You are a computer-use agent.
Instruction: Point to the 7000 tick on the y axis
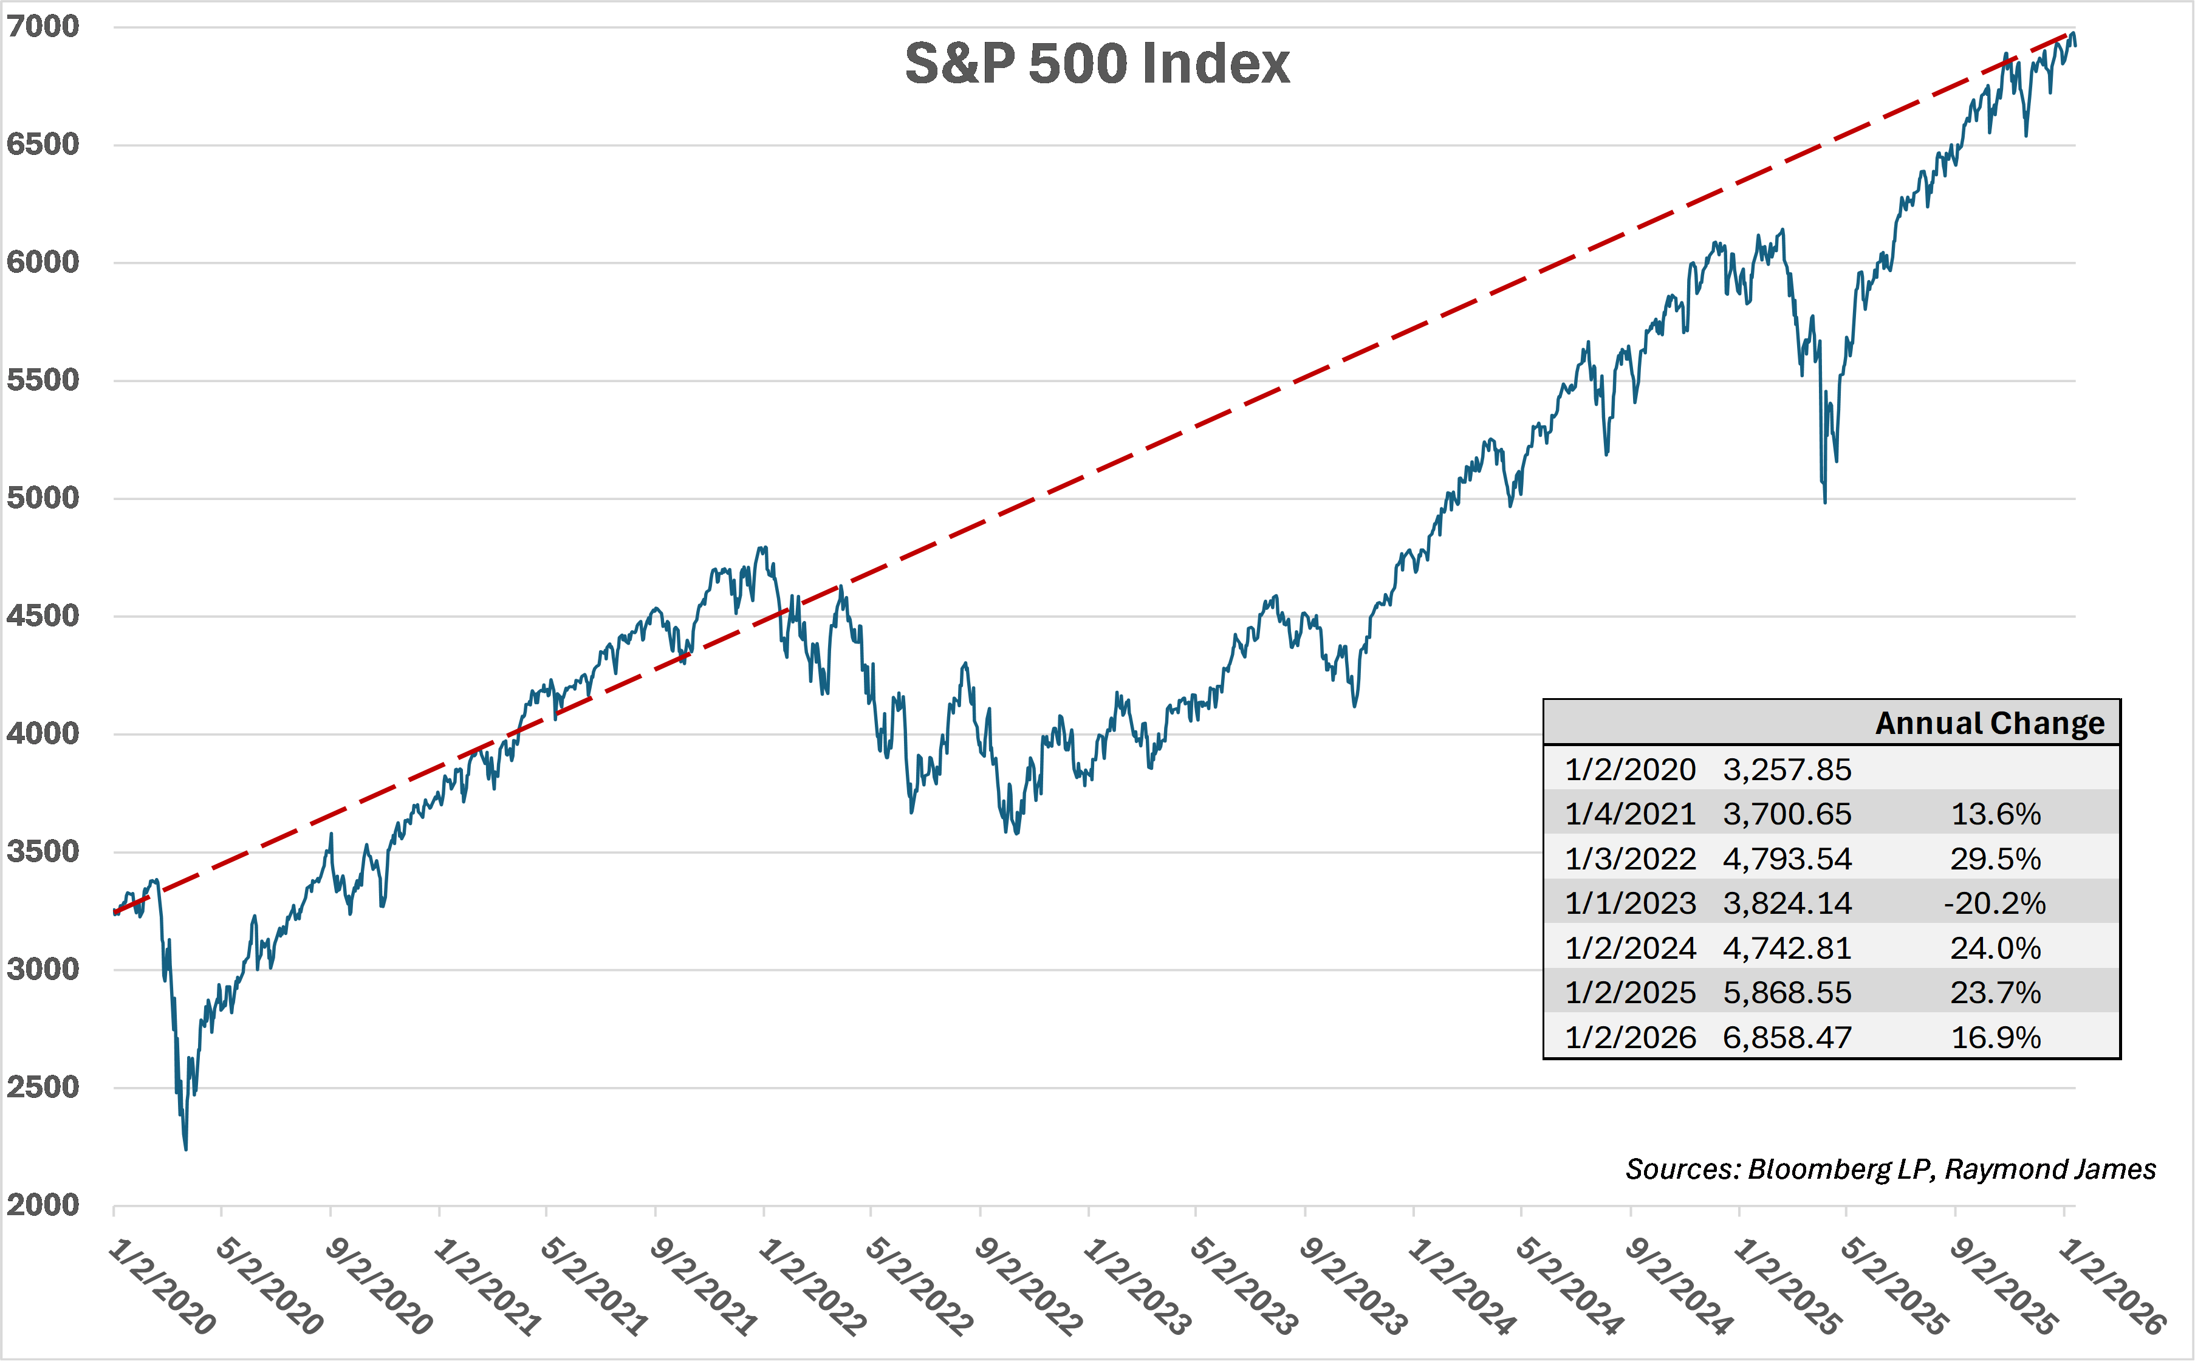pyautogui.click(x=43, y=26)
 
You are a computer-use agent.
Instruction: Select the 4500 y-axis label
pyautogui.click(x=43, y=615)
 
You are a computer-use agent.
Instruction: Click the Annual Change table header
pyautogui.click(x=1989, y=723)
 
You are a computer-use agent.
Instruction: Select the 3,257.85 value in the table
pyautogui.click(x=1786, y=770)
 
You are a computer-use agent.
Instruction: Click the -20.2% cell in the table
pyautogui.click(x=1995, y=903)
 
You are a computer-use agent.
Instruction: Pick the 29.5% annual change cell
pyautogui.click(x=1995, y=859)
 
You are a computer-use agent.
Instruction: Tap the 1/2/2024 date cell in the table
pyautogui.click(x=1630, y=948)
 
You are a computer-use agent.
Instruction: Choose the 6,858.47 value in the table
pyautogui.click(x=1786, y=1037)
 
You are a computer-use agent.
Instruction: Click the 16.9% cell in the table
pyautogui.click(x=1995, y=1037)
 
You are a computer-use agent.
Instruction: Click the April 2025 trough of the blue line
pyautogui.click(x=1824, y=501)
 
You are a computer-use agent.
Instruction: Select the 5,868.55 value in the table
pyautogui.click(x=1786, y=992)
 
